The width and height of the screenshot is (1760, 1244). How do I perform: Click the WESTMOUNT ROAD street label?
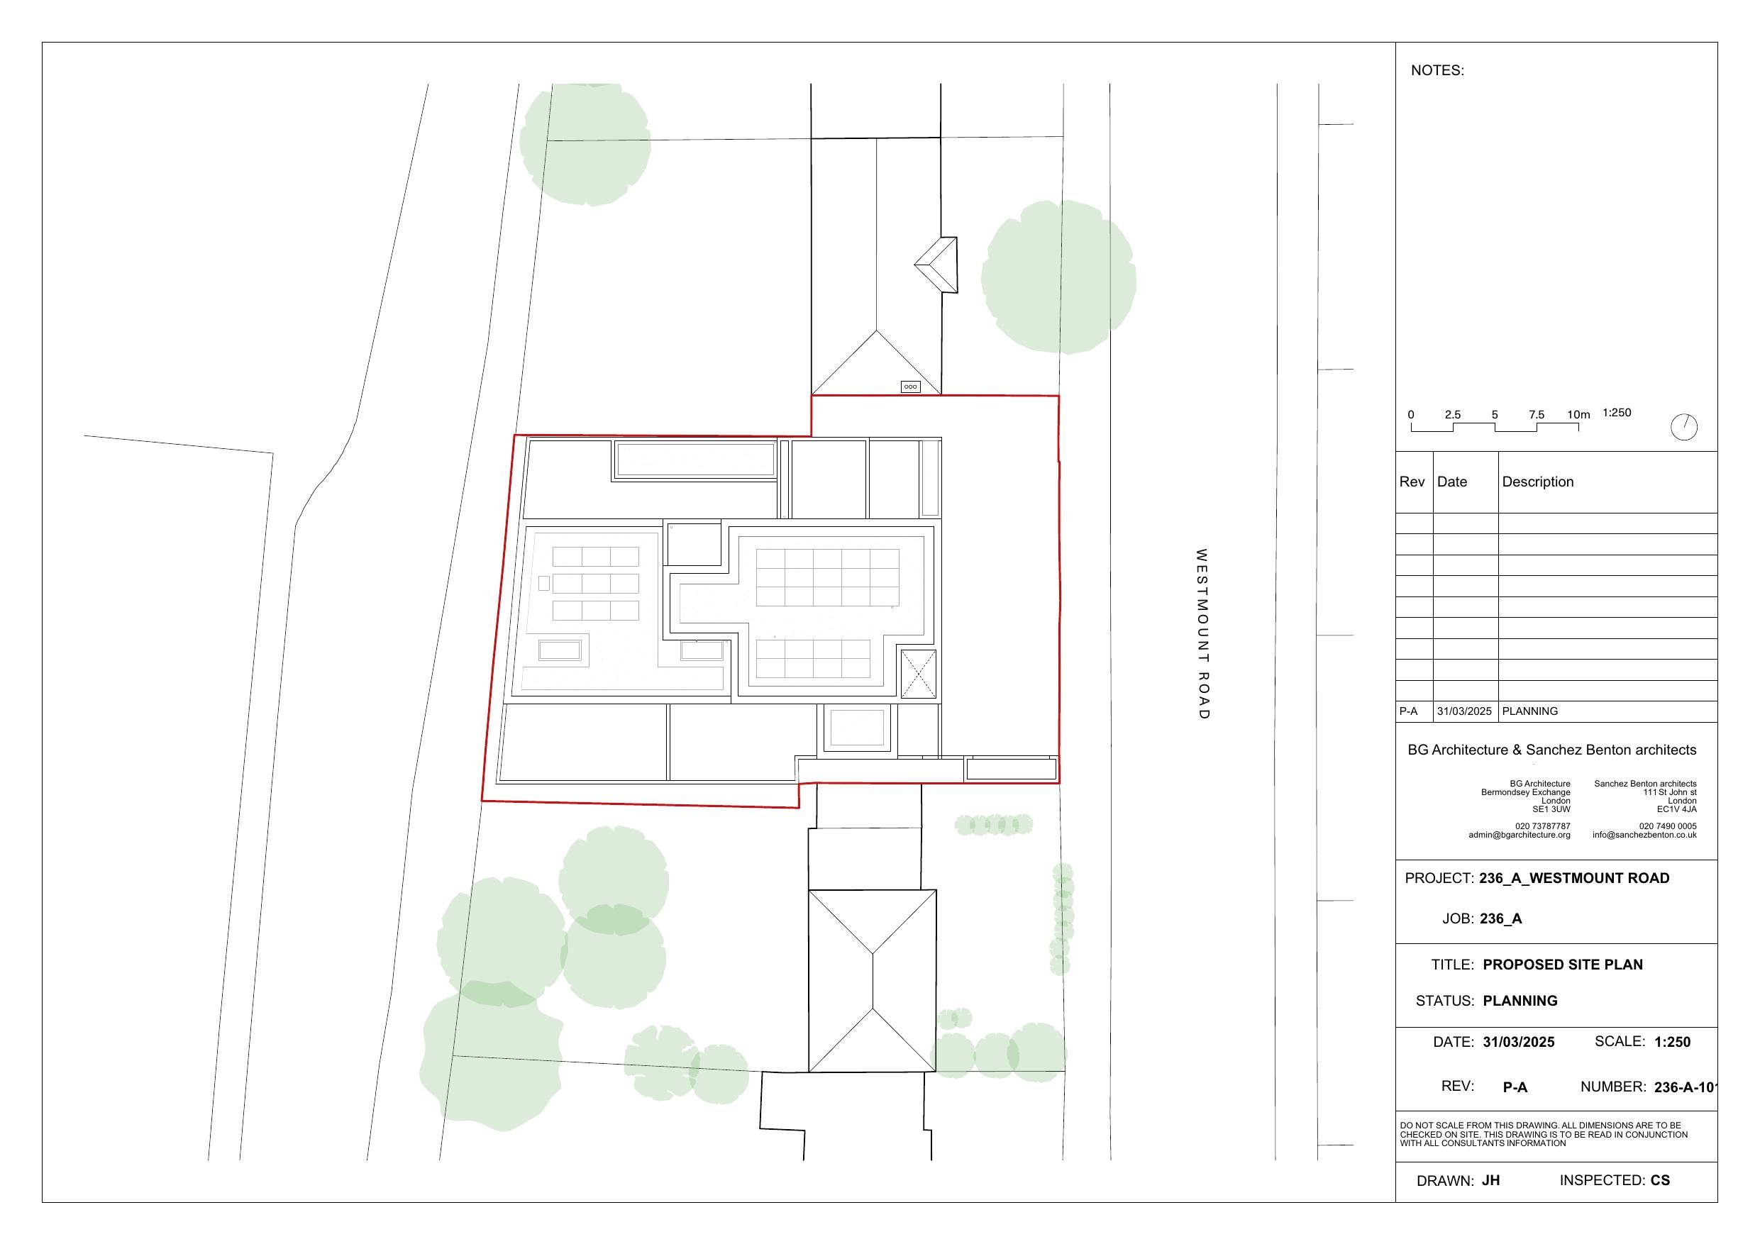pyautogui.click(x=1202, y=634)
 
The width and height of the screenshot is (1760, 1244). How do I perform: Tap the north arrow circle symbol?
pyautogui.click(x=1684, y=427)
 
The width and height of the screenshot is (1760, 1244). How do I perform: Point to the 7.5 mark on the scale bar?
pyautogui.click(x=1536, y=415)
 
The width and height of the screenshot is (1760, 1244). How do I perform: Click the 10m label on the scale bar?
pyautogui.click(x=1578, y=415)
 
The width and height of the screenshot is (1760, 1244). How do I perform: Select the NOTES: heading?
pyautogui.click(x=1437, y=70)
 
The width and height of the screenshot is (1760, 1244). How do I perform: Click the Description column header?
pyautogui.click(x=1538, y=482)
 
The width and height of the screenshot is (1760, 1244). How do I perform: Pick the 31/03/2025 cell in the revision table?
pyautogui.click(x=1464, y=711)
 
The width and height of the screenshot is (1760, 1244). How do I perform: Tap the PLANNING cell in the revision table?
pyautogui.click(x=1530, y=711)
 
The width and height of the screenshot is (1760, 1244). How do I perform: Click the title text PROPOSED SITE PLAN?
pyautogui.click(x=1563, y=965)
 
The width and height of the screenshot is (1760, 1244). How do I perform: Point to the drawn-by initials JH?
pyautogui.click(x=1490, y=1180)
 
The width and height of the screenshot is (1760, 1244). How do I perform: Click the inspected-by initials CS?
pyautogui.click(x=1661, y=1180)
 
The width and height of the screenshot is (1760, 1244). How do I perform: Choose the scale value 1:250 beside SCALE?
pyautogui.click(x=1673, y=1042)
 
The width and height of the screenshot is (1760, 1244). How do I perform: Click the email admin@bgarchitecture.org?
pyautogui.click(x=1520, y=835)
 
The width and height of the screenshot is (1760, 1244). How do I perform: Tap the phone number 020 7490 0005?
pyautogui.click(x=1668, y=826)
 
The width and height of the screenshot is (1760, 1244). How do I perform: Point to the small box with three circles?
pyautogui.click(x=911, y=387)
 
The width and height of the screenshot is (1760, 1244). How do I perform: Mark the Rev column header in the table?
pyautogui.click(x=1412, y=482)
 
